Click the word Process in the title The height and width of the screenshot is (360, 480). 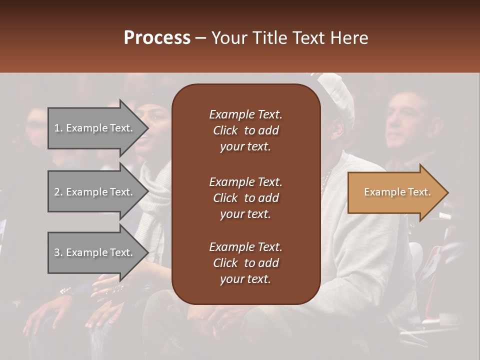(157, 38)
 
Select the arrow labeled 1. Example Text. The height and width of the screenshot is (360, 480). (95, 128)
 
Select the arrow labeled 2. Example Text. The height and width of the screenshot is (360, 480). (95, 192)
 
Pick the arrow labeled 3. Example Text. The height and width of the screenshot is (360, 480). (95, 252)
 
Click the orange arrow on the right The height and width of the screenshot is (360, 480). (395, 192)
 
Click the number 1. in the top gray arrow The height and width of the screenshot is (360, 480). (58, 128)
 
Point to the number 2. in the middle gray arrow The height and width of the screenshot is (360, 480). (58, 192)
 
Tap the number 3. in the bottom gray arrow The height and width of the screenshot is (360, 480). (58, 252)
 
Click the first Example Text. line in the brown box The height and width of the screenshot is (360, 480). (245, 114)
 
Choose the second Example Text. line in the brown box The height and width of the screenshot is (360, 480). (245, 181)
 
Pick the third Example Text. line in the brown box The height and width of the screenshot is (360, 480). (245, 247)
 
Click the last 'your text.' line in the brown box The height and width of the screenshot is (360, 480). (245, 279)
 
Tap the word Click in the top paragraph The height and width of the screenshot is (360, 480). (225, 130)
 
